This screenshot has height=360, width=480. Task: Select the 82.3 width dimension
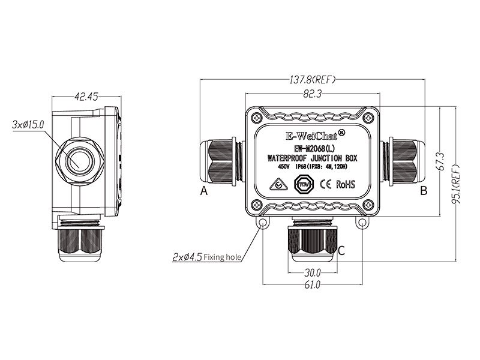point(312,94)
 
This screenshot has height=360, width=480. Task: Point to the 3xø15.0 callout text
point(28,124)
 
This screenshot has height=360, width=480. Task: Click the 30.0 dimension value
point(312,271)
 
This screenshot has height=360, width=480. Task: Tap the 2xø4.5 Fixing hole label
point(207,258)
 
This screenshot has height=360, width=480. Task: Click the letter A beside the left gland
point(204,191)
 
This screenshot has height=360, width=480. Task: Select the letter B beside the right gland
point(424,191)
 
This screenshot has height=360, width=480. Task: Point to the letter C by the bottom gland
point(341,251)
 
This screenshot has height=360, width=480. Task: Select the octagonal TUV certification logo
point(304,184)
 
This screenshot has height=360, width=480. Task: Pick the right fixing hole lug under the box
point(361,224)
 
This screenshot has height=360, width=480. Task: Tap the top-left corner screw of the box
point(256,116)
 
